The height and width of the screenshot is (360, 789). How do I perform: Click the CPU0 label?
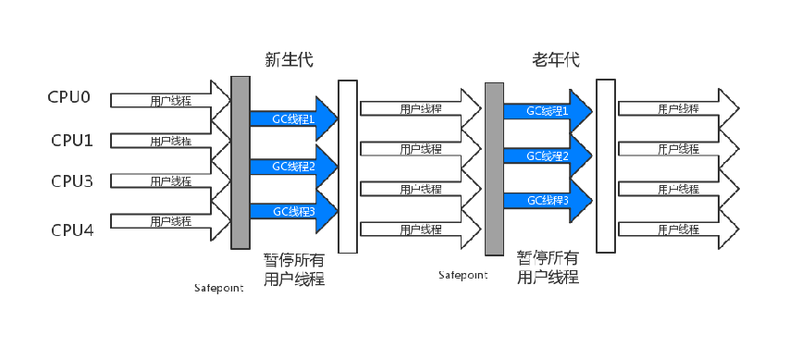pos(69,96)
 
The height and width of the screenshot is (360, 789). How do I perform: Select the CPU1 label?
pos(72,140)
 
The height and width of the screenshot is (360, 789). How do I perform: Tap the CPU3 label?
pos(72,180)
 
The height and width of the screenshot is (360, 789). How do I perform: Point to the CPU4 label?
pos(72,230)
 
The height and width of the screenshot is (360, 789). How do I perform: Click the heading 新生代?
pos(290,60)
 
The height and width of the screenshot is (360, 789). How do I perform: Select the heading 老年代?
pos(556,60)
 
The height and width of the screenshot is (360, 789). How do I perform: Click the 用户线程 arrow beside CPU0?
pos(170,100)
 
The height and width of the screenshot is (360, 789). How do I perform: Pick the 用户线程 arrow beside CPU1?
pos(170,141)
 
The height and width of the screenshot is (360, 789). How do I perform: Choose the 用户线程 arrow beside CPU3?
pos(170,180)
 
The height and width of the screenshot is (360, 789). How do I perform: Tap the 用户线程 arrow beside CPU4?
pos(170,220)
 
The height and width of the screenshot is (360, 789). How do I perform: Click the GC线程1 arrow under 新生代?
pos(294,118)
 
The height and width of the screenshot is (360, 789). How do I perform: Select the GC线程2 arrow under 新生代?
pos(294,167)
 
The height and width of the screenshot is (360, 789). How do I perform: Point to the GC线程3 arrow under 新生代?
pos(294,211)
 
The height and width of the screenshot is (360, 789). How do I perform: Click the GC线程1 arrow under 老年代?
pos(548,111)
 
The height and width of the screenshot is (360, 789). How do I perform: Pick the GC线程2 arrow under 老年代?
pos(548,156)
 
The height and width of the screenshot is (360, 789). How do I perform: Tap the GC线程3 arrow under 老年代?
pos(548,201)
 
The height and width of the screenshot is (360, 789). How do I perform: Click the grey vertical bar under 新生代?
pos(240,162)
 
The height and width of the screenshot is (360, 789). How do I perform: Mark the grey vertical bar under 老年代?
pos(494,168)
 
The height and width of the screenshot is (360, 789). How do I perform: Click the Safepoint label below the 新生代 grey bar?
pos(219,289)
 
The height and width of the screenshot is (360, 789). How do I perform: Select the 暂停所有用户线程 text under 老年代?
pos(548,267)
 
